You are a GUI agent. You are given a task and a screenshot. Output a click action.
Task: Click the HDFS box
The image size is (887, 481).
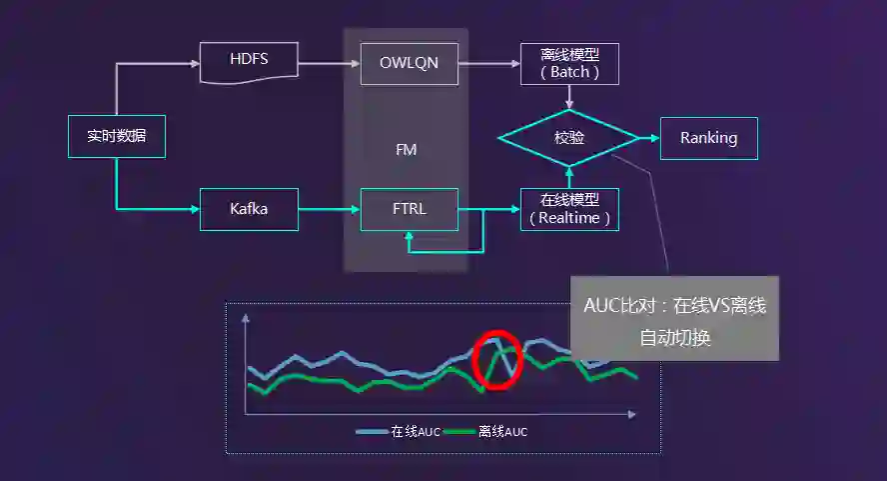[x=249, y=62]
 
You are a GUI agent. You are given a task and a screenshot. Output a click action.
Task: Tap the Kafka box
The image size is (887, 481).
[x=249, y=209]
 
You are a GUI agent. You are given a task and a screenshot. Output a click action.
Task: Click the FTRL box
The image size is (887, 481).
[x=409, y=209]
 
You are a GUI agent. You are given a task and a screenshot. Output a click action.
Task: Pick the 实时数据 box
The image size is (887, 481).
[x=117, y=137]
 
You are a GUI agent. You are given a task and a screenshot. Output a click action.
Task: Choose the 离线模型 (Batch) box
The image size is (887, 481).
[x=569, y=63]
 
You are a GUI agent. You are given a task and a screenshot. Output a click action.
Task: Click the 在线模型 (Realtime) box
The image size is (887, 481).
[x=569, y=209]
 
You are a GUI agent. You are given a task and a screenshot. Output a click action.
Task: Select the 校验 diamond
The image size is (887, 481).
[x=568, y=137]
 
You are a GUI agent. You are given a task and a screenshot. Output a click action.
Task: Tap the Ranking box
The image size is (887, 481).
[x=708, y=138]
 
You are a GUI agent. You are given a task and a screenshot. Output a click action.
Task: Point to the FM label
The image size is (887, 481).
[x=407, y=150]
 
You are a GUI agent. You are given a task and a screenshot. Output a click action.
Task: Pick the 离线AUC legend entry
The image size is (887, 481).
[x=488, y=432]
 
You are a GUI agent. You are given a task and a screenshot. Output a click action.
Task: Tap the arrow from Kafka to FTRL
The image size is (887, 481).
[x=329, y=209]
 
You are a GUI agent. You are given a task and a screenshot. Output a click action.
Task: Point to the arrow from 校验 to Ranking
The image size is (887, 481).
[x=648, y=138]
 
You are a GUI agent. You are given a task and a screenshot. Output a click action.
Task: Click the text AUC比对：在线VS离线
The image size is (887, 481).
[x=675, y=305]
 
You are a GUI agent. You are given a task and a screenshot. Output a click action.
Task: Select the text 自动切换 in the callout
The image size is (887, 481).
[x=675, y=338]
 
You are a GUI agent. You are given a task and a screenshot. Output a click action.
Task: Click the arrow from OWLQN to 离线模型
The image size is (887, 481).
[x=489, y=63]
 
